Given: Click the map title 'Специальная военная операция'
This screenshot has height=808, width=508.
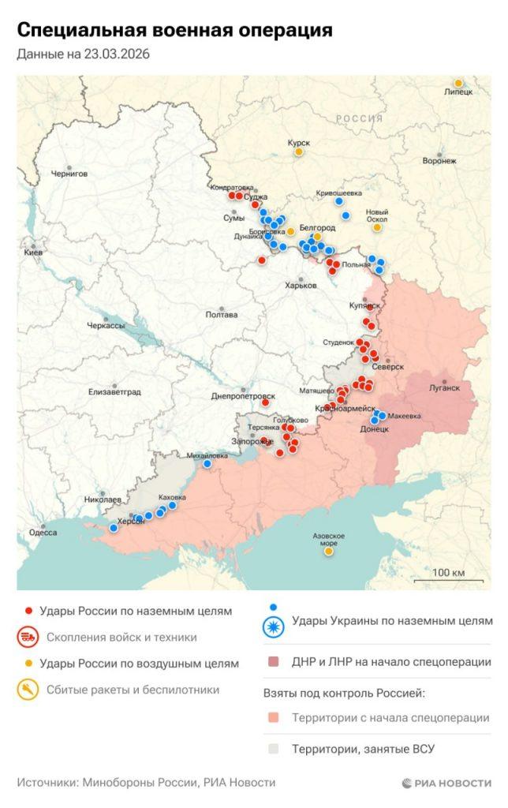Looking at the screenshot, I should coord(174,31).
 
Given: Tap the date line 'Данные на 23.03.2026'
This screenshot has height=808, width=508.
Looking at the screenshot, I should coord(83,54).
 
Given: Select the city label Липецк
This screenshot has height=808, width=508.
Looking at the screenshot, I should coord(458,92).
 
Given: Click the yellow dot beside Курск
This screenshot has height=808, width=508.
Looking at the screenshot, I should coord(299,151).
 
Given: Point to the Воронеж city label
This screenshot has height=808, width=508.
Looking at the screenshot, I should coord(439,161).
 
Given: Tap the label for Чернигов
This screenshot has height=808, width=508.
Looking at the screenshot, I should coord(69,174).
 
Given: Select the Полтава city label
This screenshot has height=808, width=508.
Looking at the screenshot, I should coord(221,315).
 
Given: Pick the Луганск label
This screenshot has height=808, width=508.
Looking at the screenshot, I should coord(444,387).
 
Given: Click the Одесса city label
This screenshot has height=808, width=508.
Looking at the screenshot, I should coord(43,532).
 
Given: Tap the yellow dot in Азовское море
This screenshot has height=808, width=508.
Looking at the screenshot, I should coord(328,552).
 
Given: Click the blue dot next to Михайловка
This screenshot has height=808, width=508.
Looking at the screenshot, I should coord(207,464).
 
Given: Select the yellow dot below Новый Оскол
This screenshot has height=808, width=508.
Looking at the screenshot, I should coord(377,227).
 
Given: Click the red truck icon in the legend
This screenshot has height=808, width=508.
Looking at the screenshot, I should coord(28,637).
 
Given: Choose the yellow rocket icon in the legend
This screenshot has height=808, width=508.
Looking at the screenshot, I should coord(28,690).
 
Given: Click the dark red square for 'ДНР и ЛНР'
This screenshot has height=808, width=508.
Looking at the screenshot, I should coord(273,662).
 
